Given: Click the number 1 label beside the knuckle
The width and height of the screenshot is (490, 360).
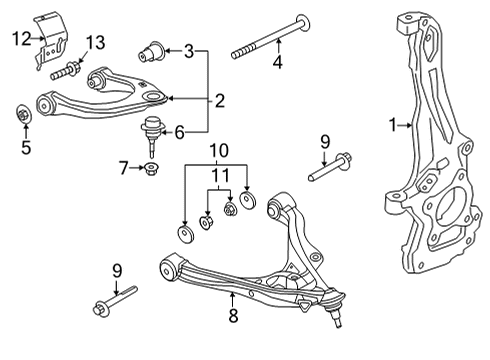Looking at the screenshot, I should tap(394, 126).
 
